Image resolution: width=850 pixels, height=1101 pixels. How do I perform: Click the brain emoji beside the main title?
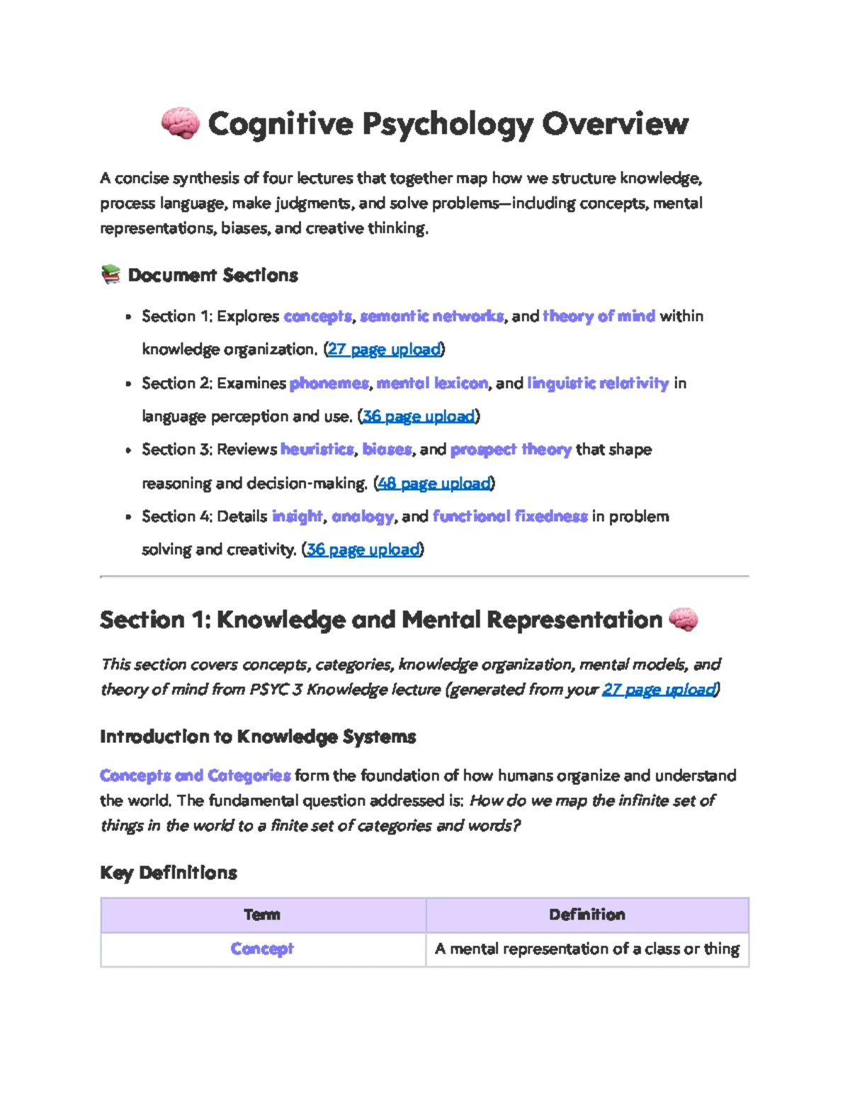180,123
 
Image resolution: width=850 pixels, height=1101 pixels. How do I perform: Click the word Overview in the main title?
615,123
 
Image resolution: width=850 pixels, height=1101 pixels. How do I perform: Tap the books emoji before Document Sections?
110,274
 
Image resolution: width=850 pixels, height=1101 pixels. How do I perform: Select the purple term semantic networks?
431,316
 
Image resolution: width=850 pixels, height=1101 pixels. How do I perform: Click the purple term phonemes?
329,384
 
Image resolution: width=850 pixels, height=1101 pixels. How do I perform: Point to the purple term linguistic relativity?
598,384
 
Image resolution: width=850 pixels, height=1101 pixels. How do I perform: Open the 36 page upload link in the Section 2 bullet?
419,416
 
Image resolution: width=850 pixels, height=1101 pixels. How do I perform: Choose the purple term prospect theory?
511,449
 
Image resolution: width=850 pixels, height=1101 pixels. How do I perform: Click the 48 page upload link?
433,484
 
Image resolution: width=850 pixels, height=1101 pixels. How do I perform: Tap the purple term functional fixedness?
510,516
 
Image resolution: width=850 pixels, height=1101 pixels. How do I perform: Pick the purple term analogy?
362,516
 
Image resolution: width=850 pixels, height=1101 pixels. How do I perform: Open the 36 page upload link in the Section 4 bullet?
363,549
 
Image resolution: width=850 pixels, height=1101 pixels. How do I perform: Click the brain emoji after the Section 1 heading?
683,620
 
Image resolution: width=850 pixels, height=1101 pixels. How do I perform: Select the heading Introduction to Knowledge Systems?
258,737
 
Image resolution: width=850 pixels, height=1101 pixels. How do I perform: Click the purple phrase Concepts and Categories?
195,776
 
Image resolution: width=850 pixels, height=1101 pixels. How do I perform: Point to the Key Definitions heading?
169,872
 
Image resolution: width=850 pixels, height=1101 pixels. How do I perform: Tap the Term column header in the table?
262,915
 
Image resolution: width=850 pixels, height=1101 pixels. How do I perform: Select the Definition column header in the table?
587,915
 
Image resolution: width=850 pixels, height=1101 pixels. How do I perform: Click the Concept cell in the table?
262,949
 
